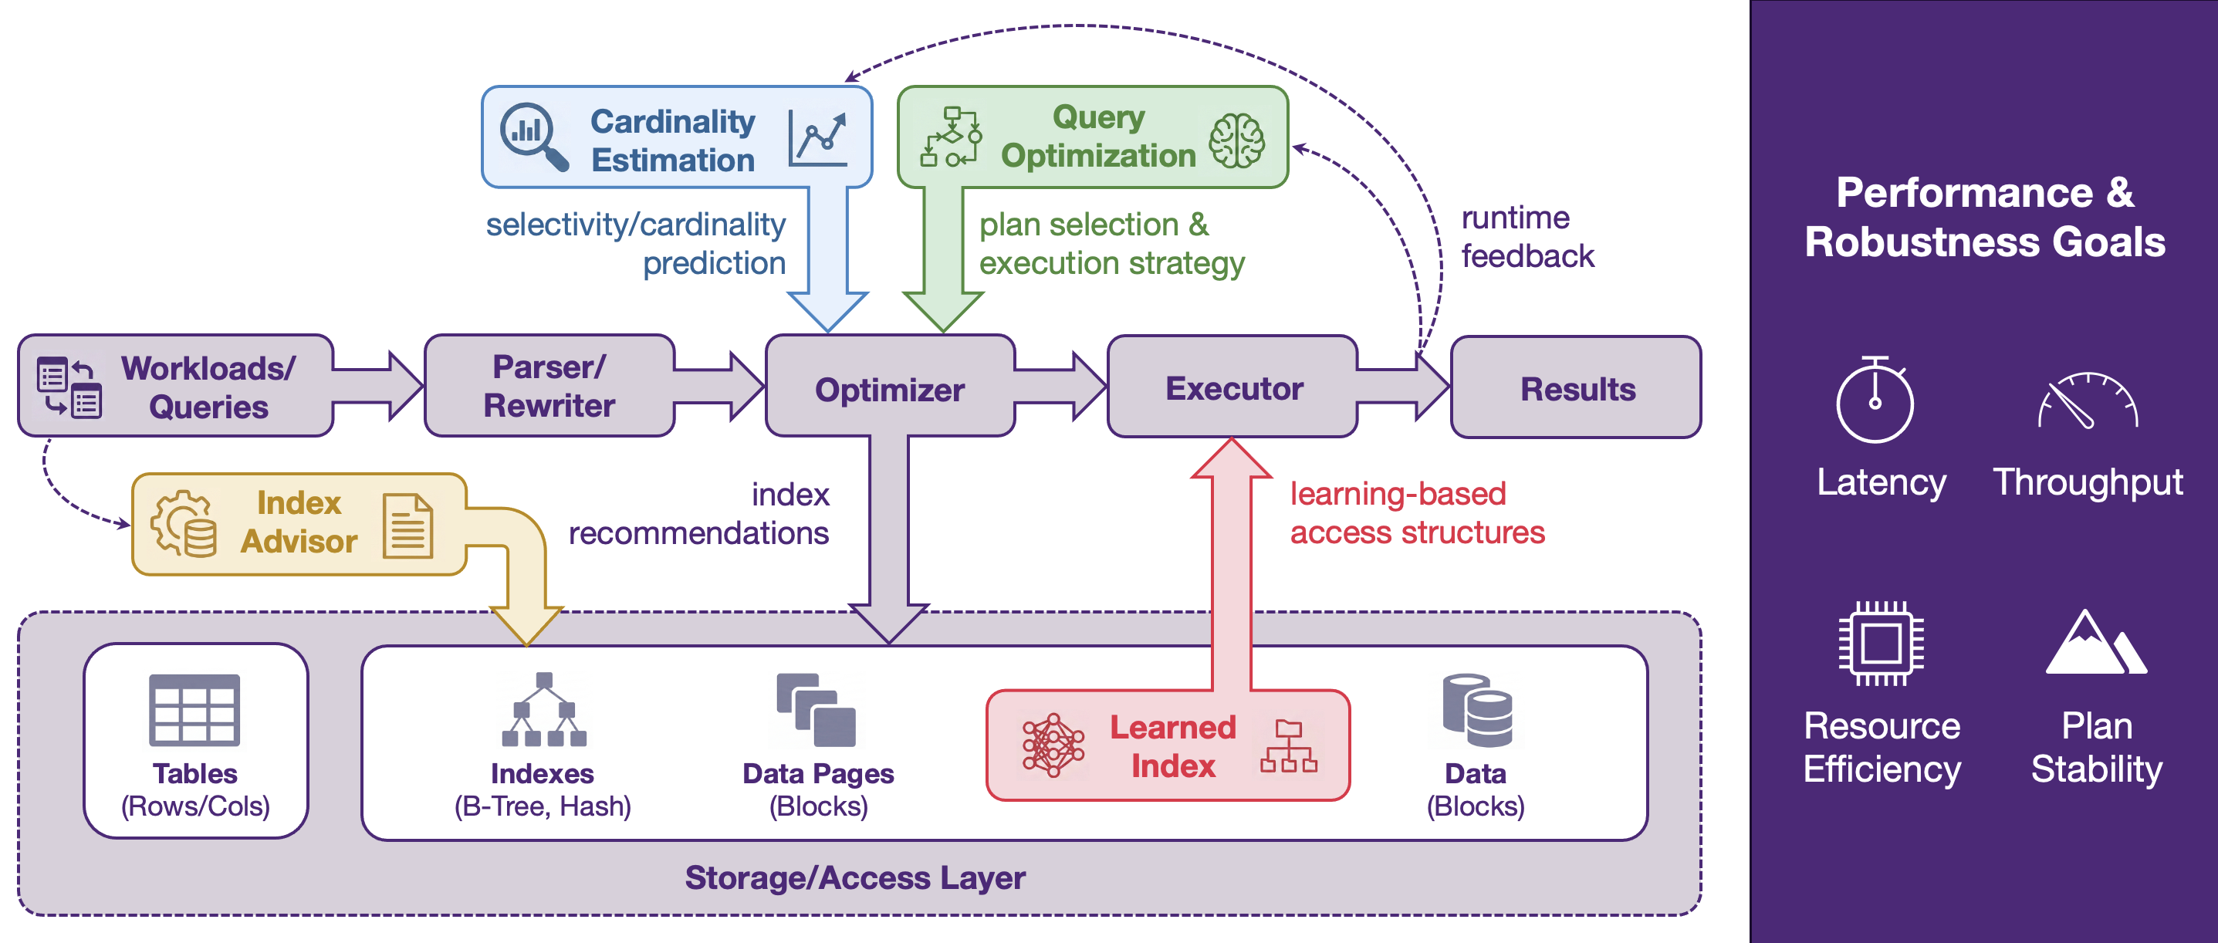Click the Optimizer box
pyautogui.click(x=890, y=389)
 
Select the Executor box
pyautogui.click(x=1233, y=388)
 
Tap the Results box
pyautogui.click(x=1577, y=388)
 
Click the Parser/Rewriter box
pyautogui.click(x=549, y=387)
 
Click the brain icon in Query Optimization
pyautogui.click(x=1236, y=141)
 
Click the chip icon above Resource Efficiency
pyautogui.click(x=1882, y=644)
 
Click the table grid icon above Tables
pyautogui.click(x=194, y=710)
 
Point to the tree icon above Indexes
pyautogui.click(x=544, y=710)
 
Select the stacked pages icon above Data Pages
pyautogui.click(x=817, y=710)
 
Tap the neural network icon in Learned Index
pyautogui.click(x=1052, y=745)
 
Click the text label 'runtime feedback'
pyautogui.click(x=1527, y=237)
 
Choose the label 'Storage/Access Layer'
pyautogui.click(x=855, y=877)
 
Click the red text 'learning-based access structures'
pyautogui.click(x=1416, y=513)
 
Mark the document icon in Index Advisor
pyautogui.click(x=407, y=526)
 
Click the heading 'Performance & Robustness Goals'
pyautogui.click(x=1985, y=217)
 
